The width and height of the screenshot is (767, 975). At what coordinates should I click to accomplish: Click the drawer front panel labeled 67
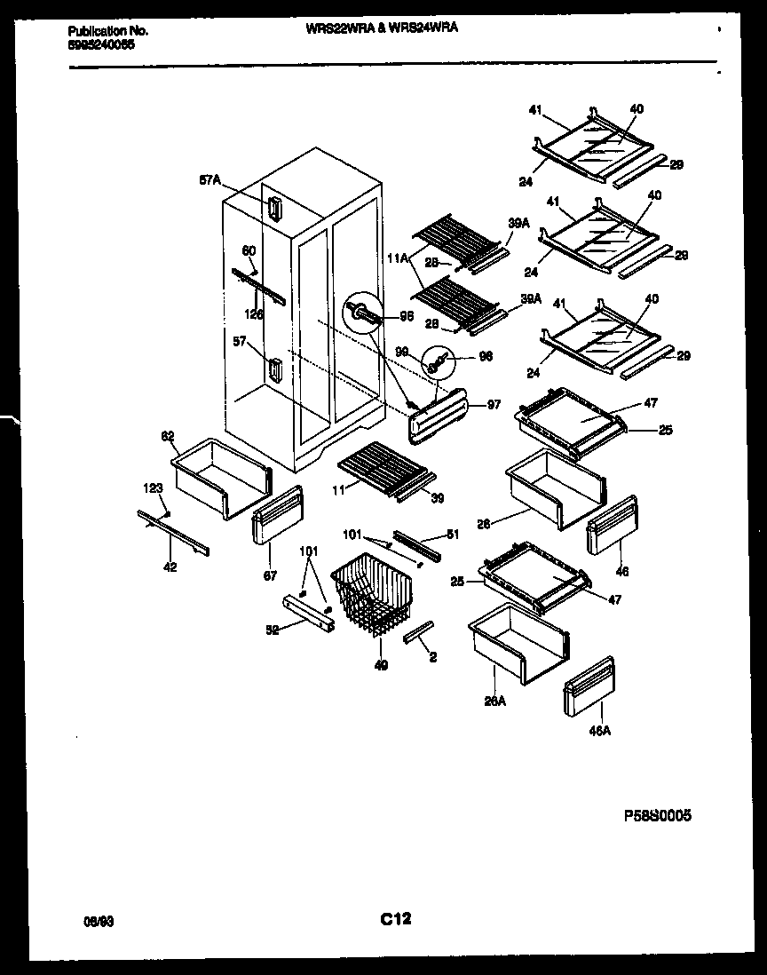click(x=276, y=514)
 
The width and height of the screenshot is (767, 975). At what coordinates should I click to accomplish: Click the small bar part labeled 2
click(x=417, y=631)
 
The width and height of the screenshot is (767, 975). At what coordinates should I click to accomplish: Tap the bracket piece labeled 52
click(x=307, y=613)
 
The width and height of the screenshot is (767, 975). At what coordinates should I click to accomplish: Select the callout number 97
click(x=493, y=406)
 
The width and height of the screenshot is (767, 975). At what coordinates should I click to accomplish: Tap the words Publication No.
click(x=107, y=30)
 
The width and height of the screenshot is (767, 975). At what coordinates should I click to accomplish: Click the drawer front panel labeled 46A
click(x=589, y=685)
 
